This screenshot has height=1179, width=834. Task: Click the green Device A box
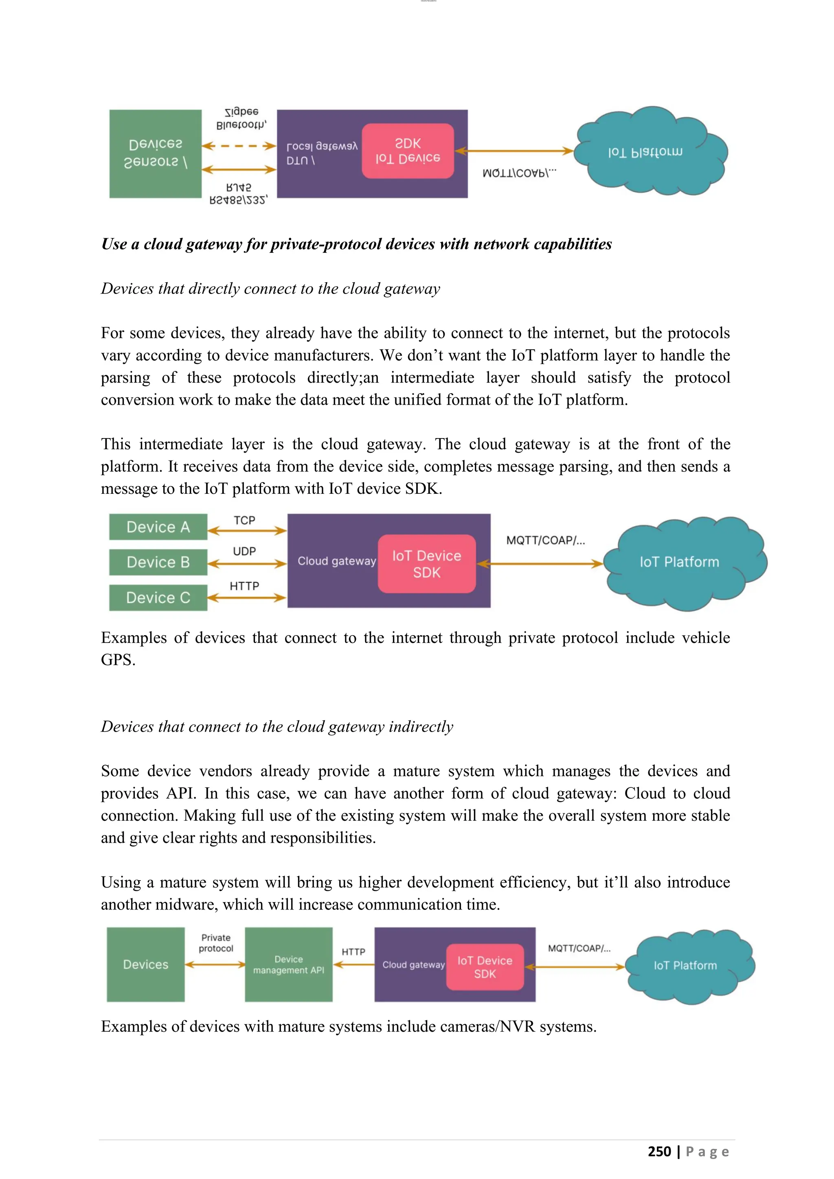click(x=158, y=527)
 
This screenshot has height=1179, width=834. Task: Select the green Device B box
click(x=158, y=562)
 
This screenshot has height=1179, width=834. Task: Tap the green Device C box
click(x=158, y=598)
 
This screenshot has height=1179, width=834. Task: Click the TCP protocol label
click(x=244, y=520)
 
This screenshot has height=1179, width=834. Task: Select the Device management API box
click(x=289, y=964)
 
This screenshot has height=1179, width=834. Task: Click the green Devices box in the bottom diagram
click(x=145, y=964)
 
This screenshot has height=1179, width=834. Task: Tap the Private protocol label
click(x=216, y=943)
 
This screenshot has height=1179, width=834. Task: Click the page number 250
click(x=659, y=1151)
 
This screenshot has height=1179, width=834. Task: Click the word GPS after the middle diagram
click(x=118, y=660)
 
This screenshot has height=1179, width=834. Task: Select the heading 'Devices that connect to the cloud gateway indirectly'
click(x=277, y=727)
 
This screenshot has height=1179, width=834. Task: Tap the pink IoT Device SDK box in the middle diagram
click(x=427, y=564)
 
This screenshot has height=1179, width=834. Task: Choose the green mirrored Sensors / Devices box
click(x=155, y=153)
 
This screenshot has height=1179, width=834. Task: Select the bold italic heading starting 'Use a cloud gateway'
click(x=356, y=244)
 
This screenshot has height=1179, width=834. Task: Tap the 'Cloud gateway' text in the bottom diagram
click(x=413, y=965)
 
